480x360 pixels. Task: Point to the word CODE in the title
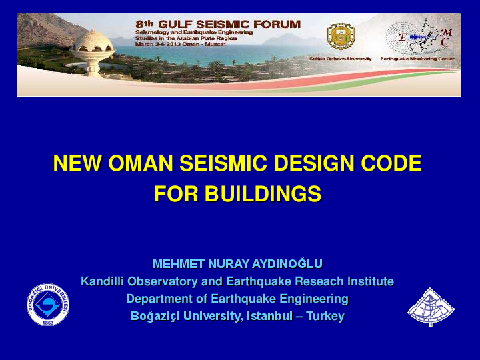392,163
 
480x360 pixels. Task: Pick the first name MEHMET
179,264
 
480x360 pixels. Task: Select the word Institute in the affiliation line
369,281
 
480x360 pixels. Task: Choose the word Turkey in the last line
325,316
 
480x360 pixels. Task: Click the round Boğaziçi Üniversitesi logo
48,305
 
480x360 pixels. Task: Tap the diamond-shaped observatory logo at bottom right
431,307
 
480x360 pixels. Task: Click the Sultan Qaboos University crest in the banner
340,37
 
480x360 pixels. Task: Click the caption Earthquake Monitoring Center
417,59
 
